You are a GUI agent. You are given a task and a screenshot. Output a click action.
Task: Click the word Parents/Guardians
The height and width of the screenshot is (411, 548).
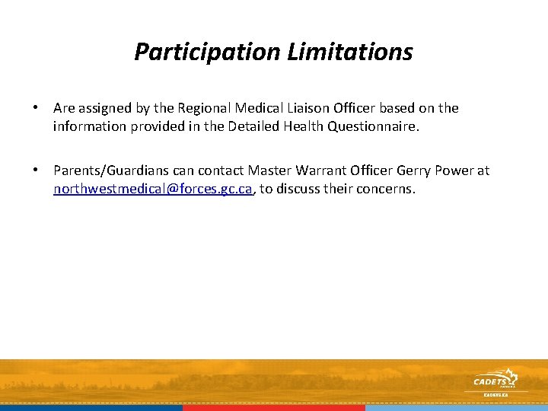110,171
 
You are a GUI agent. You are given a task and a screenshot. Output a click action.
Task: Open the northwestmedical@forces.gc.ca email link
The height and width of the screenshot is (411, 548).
152,190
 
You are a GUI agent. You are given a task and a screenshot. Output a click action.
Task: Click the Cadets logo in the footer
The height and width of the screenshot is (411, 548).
494,381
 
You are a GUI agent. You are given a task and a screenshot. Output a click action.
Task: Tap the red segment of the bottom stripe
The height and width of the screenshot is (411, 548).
273,407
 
